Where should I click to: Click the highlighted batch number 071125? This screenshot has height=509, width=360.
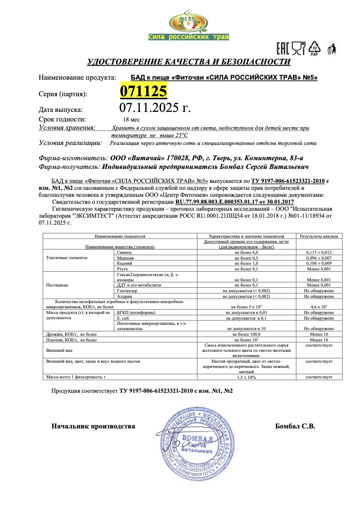pos(143,91)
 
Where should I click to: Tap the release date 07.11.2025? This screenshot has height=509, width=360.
pos(155,107)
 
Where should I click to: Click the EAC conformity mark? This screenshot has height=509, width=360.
pos(283,47)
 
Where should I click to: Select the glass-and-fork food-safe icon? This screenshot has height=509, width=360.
pos(299,47)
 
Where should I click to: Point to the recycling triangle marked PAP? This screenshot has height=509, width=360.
pos(314,48)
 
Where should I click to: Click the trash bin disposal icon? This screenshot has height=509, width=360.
pos(332,48)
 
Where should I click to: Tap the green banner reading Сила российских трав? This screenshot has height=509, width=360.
pos(188,37)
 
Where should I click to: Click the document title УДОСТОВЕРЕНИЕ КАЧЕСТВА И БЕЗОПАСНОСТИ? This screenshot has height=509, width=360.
pos(189,62)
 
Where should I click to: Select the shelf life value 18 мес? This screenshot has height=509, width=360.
pos(131,119)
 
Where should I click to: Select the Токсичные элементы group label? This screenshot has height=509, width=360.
pos(67,258)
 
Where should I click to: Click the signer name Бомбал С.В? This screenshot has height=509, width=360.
pos(295,426)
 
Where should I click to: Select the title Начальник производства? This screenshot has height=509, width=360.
pos(93,426)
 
